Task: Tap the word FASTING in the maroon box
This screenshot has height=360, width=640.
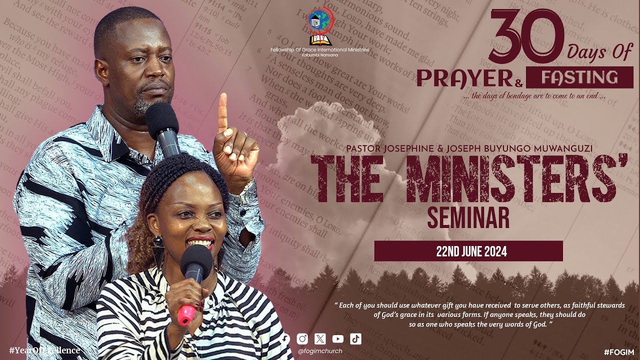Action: tap(580, 77)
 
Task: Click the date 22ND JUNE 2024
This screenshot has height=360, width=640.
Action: tap(468, 251)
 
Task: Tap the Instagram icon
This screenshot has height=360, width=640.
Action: tap(302, 338)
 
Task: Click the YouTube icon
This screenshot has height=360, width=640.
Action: tap(337, 338)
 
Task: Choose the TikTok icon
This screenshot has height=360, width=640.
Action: tap(355, 338)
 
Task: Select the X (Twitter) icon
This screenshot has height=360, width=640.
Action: tap(320, 338)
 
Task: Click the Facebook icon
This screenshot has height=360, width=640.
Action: tap(285, 338)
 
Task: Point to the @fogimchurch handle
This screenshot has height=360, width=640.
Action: tap(320, 351)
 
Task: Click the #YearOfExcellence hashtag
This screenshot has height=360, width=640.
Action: tap(44, 350)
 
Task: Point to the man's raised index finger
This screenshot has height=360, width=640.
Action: tap(223, 112)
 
